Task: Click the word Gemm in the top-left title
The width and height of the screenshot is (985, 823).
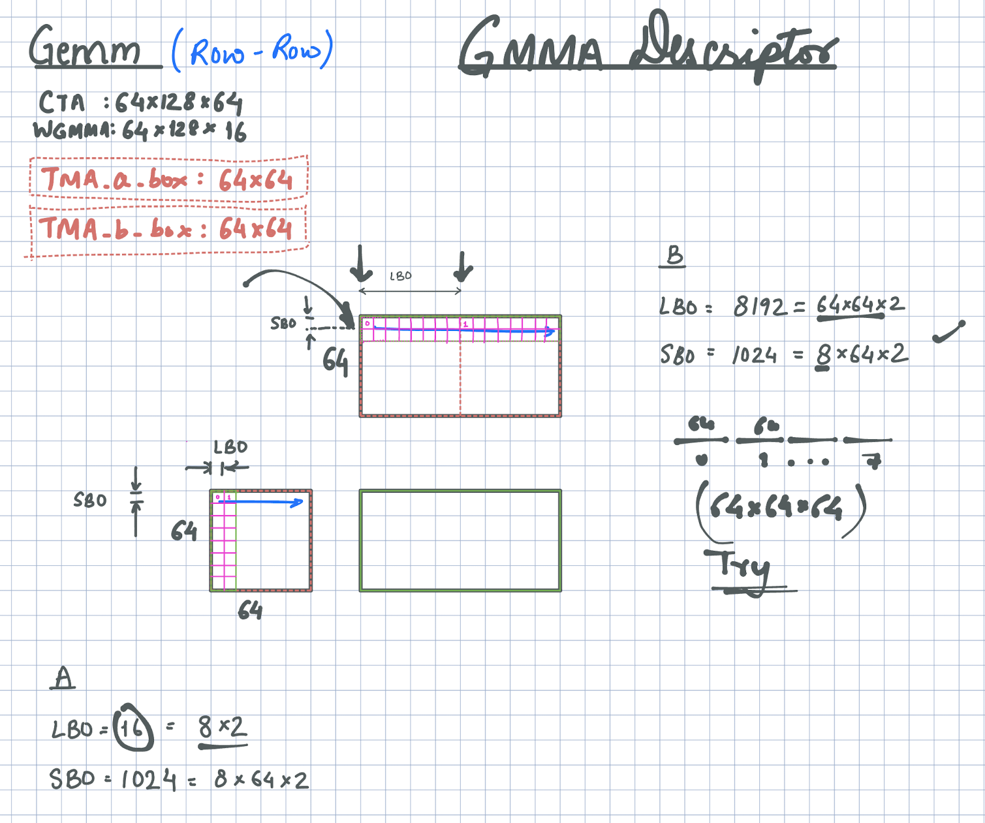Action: coord(85,47)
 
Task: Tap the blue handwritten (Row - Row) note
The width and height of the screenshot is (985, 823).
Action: coord(253,51)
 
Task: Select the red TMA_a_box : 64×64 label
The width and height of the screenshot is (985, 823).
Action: coord(168,179)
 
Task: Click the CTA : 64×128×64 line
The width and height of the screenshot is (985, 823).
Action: coord(140,102)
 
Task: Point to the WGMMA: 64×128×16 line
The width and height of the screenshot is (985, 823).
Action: coord(140,131)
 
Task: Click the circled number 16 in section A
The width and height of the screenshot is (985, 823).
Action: coord(133,727)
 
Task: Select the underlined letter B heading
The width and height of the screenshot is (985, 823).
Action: coord(674,255)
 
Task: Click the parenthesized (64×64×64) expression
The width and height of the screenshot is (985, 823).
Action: coord(780,508)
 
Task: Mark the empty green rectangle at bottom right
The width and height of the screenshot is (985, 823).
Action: coord(460,540)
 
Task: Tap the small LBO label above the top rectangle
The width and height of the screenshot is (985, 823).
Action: coord(401,276)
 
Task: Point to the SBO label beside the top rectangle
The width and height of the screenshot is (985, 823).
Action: coord(283,323)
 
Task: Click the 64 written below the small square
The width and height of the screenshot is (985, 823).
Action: coord(250,611)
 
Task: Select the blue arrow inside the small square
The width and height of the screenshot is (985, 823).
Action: coord(268,502)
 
